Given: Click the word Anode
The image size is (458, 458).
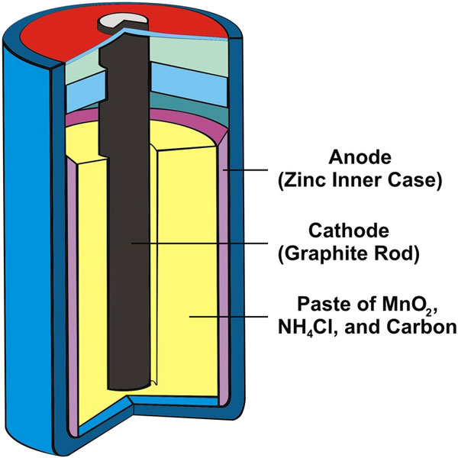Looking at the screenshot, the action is tap(360, 157).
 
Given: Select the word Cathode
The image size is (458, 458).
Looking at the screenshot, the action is tap(349, 231).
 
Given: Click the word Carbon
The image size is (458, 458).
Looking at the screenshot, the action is tap(422, 327).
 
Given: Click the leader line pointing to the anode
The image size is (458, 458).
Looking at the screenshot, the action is tap(245, 169).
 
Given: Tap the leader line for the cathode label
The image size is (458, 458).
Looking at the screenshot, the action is tap(199, 243).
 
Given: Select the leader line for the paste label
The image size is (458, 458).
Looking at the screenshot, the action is tap(228, 316).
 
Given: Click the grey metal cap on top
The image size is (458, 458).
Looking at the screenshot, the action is tap(123, 22).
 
